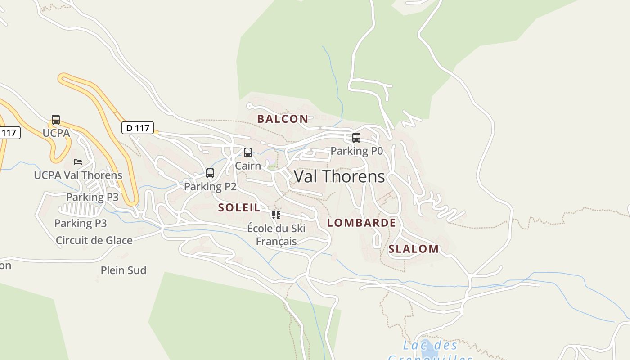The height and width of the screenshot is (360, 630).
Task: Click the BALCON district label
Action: tap(283, 119)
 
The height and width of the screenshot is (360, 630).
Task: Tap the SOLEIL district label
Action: tap(239, 208)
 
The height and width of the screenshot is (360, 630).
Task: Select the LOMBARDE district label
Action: tap(361, 223)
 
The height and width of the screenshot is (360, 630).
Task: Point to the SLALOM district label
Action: tap(414, 249)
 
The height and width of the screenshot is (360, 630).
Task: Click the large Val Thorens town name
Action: tap(339, 176)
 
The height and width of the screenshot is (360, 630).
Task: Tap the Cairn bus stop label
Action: tap(248, 166)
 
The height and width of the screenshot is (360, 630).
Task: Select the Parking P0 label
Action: tap(356, 151)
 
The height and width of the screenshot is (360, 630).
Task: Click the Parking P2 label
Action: tap(210, 187)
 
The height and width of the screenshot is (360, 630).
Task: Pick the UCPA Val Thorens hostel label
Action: tap(78, 175)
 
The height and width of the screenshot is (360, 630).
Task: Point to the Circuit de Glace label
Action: tap(94, 240)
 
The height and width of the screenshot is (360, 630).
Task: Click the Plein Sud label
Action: tap(123, 270)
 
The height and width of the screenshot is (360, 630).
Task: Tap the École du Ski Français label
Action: tap(276, 235)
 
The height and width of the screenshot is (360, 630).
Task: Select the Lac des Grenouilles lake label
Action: tap(430, 351)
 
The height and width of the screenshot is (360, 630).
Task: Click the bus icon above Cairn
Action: tap(248, 153)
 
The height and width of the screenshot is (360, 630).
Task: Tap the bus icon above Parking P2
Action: tap(210, 173)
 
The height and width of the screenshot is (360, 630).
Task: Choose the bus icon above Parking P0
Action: tap(356, 138)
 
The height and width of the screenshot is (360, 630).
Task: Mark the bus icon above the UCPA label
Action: tap(56, 120)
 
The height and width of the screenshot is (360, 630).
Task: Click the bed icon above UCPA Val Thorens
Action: tap(78, 162)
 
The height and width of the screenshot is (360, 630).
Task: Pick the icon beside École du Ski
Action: tap(276, 215)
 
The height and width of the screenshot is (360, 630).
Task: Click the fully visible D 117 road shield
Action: tap(138, 128)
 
